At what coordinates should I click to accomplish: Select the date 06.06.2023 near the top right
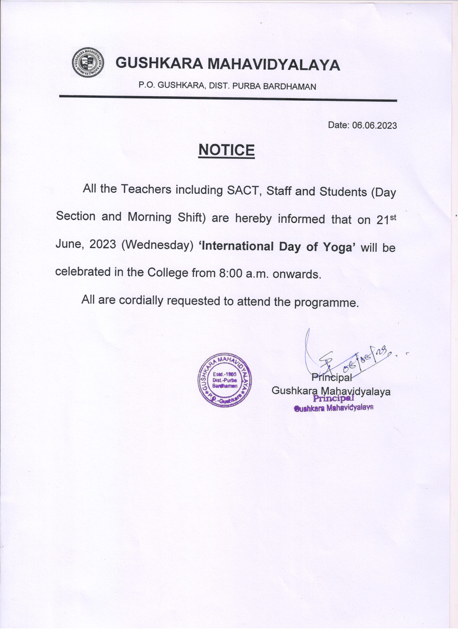point(374,125)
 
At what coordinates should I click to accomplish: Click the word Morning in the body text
point(149,217)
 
